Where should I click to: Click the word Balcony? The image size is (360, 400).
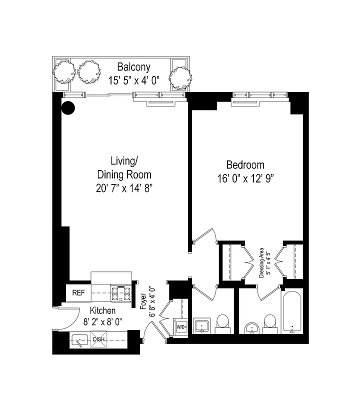pyautogui.click(x=133, y=67)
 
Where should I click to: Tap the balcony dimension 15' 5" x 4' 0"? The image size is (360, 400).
pyautogui.click(x=133, y=79)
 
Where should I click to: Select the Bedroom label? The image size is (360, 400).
pyautogui.click(x=245, y=164)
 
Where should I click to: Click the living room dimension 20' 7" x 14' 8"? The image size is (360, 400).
pyautogui.click(x=123, y=188)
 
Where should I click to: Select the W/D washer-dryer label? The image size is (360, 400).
pyautogui.click(x=180, y=327)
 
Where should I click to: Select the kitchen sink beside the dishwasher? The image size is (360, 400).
pyautogui.click(x=80, y=341)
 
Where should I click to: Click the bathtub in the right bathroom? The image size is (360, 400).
pyautogui.click(x=291, y=312)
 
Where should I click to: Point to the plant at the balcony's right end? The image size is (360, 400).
pyautogui.click(x=180, y=77)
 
